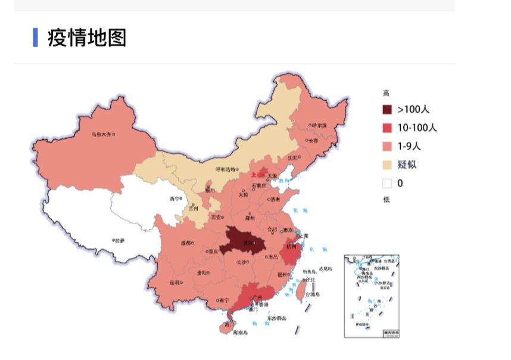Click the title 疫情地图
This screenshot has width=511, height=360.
click(x=87, y=38)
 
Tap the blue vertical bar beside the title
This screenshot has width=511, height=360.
click(x=36, y=38)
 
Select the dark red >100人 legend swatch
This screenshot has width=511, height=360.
click(x=388, y=110)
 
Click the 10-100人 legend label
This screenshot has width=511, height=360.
click(x=417, y=128)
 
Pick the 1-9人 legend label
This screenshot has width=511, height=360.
click(x=409, y=146)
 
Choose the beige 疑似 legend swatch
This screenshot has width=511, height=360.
click(x=388, y=165)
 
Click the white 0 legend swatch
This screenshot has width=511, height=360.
click(x=388, y=183)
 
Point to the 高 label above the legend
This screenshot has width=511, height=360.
click(x=386, y=93)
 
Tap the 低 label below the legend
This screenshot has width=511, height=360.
click(x=386, y=200)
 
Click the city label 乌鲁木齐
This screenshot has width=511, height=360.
click(x=101, y=135)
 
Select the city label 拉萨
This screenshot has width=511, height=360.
click(x=119, y=241)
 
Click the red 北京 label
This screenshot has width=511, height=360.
click(x=257, y=175)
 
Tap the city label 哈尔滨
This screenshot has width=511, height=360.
click(x=319, y=126)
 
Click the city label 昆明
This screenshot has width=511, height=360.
click(x=174, y=282)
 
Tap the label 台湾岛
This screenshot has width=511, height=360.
click(x=313, y=294)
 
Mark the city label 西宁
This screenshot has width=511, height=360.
click(x=174, y=199)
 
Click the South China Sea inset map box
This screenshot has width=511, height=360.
click(x=372, y=296)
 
